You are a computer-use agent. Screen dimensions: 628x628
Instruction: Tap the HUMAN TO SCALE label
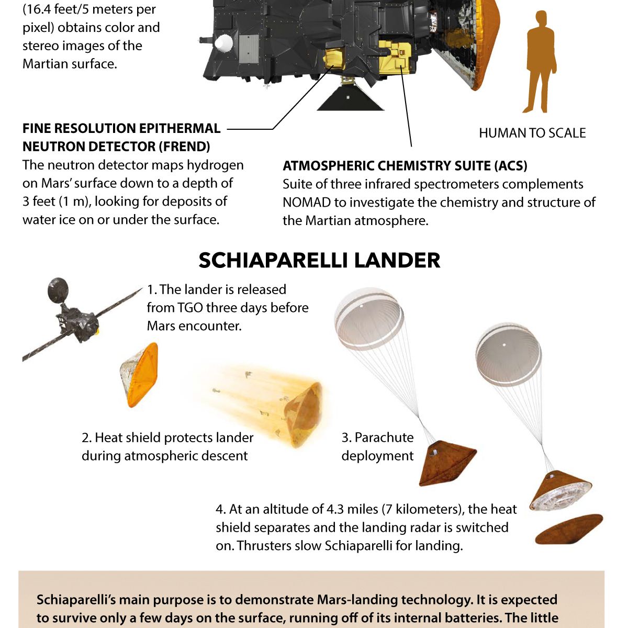[532, 133]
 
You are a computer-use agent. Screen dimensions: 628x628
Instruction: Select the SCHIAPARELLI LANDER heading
[319, 260]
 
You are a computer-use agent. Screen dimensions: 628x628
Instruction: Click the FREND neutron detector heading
[121, 137]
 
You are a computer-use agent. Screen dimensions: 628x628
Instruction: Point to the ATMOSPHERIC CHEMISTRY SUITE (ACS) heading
[405, 166]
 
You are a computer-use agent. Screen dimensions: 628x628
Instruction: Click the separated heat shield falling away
[568, 529]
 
